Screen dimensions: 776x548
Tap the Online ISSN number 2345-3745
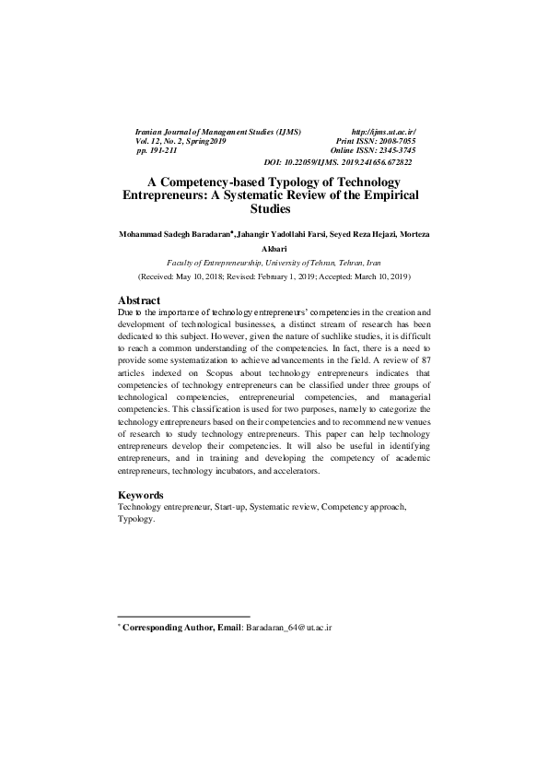(391, 150)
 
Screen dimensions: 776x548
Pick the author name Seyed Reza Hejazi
(362, 234)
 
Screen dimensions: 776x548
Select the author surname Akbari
(274, 248)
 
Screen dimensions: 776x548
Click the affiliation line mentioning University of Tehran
(274, 263)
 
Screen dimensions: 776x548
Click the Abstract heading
(139, 300)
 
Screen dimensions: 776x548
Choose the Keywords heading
(141, 495)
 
